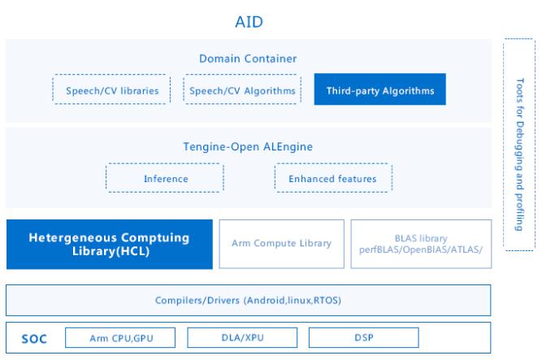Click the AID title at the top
click(249, 22)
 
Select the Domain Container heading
click(248, 59)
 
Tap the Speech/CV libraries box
click(111, 89)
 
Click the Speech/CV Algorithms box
click(242, 89)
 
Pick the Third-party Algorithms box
click(379, 89)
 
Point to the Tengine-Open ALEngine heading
click(248, 146)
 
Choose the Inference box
click(165, 178)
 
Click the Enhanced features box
click(333, 178)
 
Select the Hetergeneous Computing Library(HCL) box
click(110, 244)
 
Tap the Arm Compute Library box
click(282, 244)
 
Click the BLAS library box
click(421, 244)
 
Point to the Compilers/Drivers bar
click(248, 300)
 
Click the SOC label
click(34, 339)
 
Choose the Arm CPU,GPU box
click(120, 337)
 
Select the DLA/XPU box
click(242, 337)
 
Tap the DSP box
click(364, 337)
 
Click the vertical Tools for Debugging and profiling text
click(519, 154)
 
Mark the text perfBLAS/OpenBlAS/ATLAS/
click(421, 249)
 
